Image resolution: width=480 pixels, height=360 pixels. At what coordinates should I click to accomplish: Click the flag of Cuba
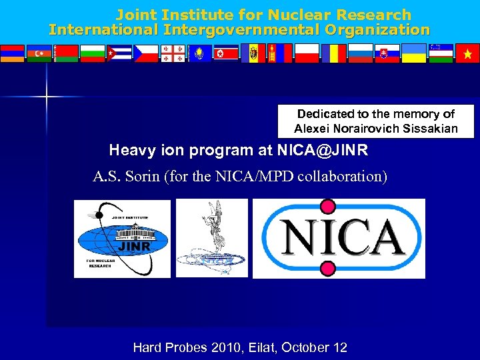coord(119,53)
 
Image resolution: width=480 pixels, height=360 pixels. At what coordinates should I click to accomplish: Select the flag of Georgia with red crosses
coord(173,53)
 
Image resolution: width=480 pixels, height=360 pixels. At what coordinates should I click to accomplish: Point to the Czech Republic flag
coord(146,53)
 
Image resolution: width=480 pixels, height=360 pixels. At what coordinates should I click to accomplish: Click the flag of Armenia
coord(13,53)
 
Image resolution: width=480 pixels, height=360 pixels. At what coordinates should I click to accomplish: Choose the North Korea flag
coord(226,53)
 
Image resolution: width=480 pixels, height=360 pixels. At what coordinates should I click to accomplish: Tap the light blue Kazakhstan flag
coord(199,53)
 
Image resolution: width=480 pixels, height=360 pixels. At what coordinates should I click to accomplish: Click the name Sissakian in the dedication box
coord(429,129)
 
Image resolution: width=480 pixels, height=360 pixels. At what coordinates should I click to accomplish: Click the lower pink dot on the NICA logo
coord(327,268)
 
